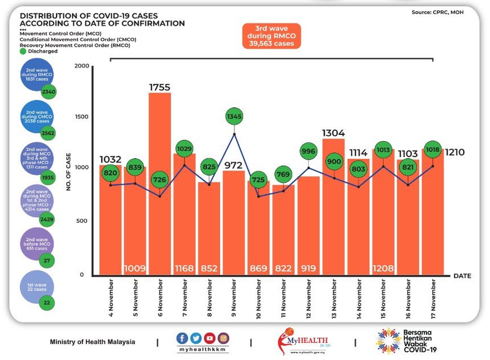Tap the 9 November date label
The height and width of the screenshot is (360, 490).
234,298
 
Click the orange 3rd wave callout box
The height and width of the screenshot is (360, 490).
271,36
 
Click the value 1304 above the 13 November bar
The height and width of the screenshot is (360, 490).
334,132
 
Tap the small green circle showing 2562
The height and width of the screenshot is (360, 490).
48,133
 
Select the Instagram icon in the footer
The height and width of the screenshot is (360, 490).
223,337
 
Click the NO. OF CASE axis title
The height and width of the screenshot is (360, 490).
69,171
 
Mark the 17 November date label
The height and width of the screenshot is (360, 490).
433,298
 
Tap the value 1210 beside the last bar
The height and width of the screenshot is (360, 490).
455,152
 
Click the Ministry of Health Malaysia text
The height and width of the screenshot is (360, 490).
93,342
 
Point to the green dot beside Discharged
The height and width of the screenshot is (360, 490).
23,50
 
